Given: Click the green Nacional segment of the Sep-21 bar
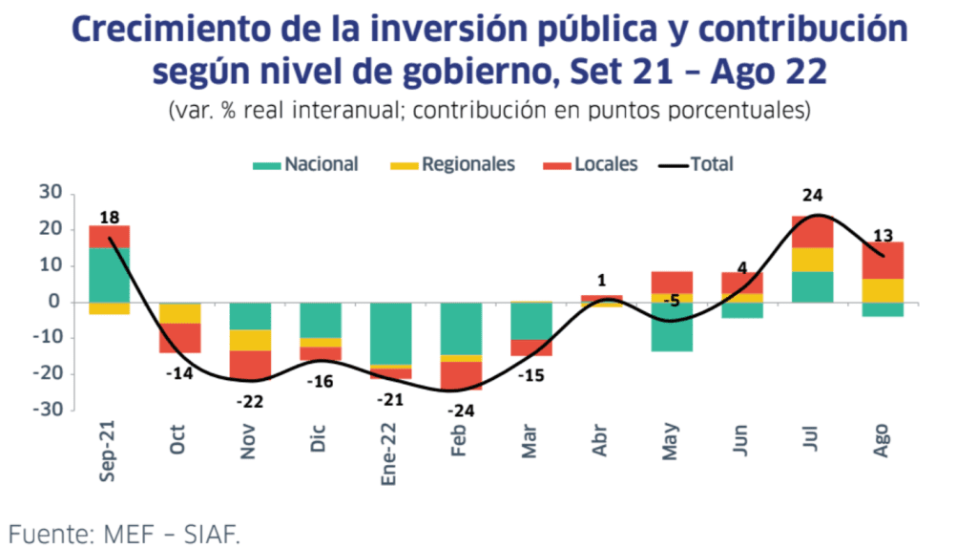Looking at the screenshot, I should tap(110, 274).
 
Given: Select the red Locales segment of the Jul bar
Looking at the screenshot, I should tap(812, 232).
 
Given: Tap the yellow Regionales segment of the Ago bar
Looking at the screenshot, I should tap(883, 290).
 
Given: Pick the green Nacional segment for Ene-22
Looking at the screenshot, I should tap(391, 333).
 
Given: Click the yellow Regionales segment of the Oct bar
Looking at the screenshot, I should tap(179, 313).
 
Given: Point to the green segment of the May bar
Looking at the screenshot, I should tap(672, 327).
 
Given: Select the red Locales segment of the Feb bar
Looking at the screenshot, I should tap(461, 375).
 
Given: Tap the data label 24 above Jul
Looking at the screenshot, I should tap(812, 196).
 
